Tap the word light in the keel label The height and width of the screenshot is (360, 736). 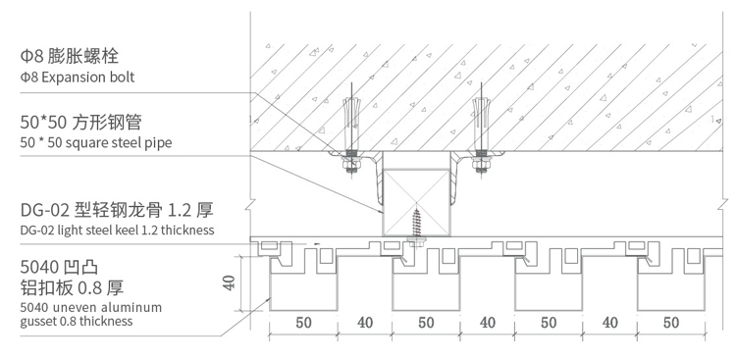76,231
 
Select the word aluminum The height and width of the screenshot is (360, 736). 131,308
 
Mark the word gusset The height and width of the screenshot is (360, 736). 38,321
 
